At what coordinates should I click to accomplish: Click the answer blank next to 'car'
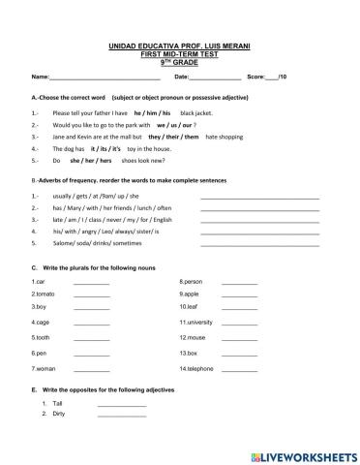pos(92,283)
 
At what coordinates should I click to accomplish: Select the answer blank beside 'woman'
pos(92,370)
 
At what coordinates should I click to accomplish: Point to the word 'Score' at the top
pos(256,76)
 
